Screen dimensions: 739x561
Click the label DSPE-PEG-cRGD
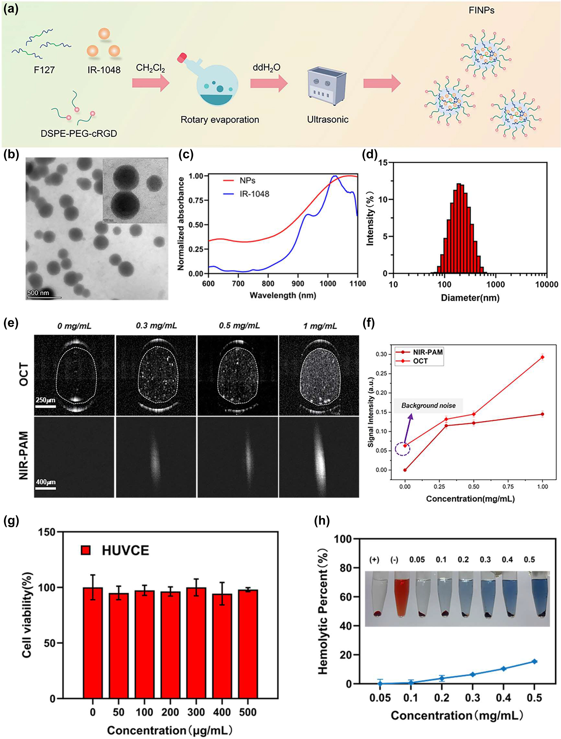[79, 134]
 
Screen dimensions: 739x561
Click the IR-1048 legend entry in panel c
[254, 194]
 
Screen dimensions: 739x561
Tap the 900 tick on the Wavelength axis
[298, 284]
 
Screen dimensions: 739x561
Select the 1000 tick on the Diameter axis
[495, 284]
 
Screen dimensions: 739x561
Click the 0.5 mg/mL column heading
[239, 325]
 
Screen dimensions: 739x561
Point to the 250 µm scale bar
[46, 406]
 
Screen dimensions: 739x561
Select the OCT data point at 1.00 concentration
[542, 357]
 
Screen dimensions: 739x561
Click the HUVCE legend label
[125, 551]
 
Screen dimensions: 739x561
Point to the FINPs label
[481, 10]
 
